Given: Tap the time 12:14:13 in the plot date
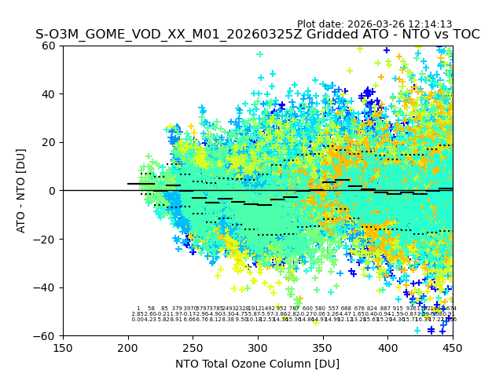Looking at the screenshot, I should (x=431, y=24).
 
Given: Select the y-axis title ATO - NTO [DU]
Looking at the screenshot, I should (x=22, y=190).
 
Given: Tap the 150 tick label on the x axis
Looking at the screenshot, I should (x=63, y=347).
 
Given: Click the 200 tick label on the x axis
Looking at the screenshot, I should (x=128, y=347).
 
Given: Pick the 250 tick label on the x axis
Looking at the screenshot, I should (x=193, y=347).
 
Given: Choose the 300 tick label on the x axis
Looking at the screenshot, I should (x=258, y=347).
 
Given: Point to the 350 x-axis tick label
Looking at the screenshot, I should (x=322, y=347).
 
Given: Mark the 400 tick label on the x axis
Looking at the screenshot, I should (x=387, y=347).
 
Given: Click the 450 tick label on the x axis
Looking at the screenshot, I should (x=452, y=347).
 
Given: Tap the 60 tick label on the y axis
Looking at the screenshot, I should (x=50, y=46).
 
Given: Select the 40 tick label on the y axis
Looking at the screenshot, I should (x=50, y=94).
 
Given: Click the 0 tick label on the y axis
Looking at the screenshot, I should (x=53, y=191).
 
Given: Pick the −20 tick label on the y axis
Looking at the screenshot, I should (x=46, y=240).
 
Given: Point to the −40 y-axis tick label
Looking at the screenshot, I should (x=46, y=287).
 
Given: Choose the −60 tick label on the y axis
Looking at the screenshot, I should (x=46, y=336).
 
